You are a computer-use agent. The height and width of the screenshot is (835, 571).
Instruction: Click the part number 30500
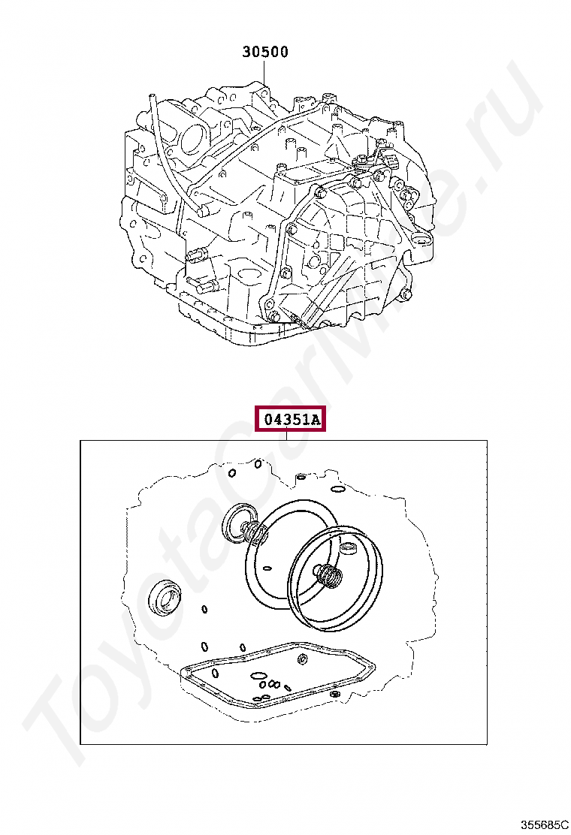[x=265, y=53]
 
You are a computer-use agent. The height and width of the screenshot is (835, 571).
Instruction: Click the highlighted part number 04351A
[x=290, y=419]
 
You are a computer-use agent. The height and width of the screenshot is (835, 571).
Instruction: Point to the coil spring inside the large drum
[x=330, y=577]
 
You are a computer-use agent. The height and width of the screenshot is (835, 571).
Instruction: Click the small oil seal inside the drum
[x=350, y=547]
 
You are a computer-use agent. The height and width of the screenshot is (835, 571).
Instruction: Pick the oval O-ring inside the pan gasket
[x=258, y=677]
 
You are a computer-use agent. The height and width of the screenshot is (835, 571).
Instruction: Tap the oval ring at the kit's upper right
[x=337, y=490]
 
